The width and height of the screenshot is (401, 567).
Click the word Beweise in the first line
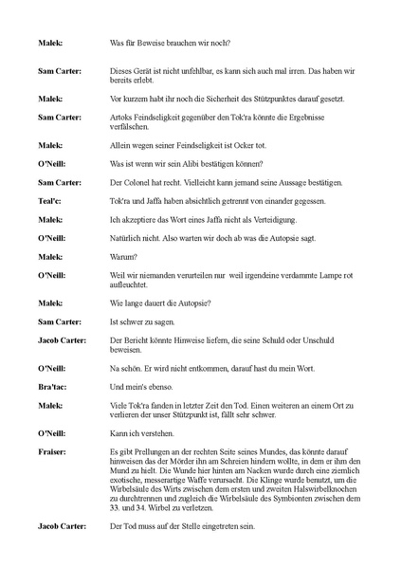click(x=155, y=44)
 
